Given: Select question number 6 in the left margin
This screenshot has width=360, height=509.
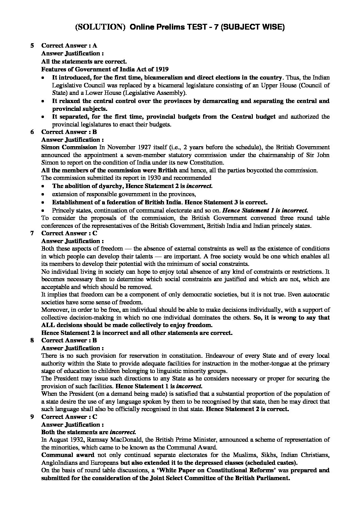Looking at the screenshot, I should point(32,132).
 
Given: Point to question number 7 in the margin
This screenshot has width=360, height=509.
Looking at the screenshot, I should point(32,233).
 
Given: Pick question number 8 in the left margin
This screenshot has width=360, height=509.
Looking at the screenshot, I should point(32,340).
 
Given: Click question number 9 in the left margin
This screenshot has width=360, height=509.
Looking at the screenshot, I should point(32,417).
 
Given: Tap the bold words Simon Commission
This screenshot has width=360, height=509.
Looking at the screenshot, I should point(69,147).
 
